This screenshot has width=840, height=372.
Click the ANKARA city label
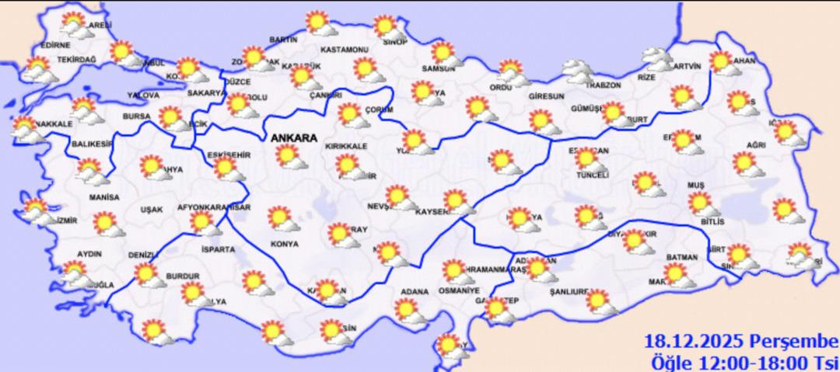coord(294,137)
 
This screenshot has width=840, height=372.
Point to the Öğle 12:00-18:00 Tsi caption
coord(744,361)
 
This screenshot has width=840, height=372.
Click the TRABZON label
coord(604,85)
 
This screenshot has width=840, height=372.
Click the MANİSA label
coord(104,197)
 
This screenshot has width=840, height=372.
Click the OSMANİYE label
coord(458,290)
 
